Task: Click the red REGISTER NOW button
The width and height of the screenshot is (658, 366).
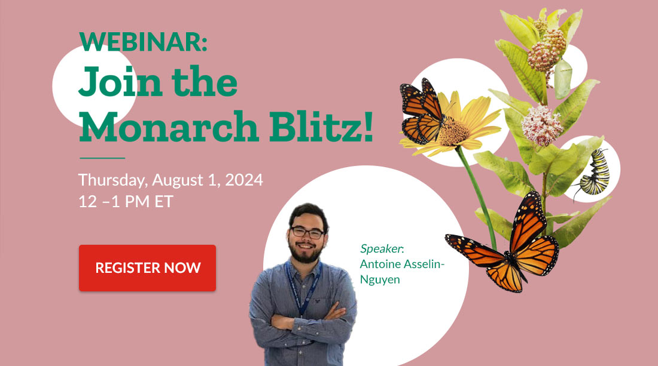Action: pos(147,268)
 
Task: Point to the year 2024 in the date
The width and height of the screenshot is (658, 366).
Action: pos(244,180)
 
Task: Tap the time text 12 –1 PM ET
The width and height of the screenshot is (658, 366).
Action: pos(126,202)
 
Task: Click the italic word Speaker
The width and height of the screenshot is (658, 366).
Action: pos(381,249)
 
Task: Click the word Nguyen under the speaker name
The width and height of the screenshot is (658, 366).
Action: pos(380,280)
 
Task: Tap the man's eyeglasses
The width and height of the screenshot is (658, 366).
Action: pos(307,232)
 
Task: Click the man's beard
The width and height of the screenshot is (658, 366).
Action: pos(306,251)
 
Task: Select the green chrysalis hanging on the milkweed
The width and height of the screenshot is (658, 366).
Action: pos(562,79)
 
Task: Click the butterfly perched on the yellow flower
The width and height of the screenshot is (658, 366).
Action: pos(422,111)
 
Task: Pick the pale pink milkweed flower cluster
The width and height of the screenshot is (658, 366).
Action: pos(542,125)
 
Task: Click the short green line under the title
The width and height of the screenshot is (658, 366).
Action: pos(102,158)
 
